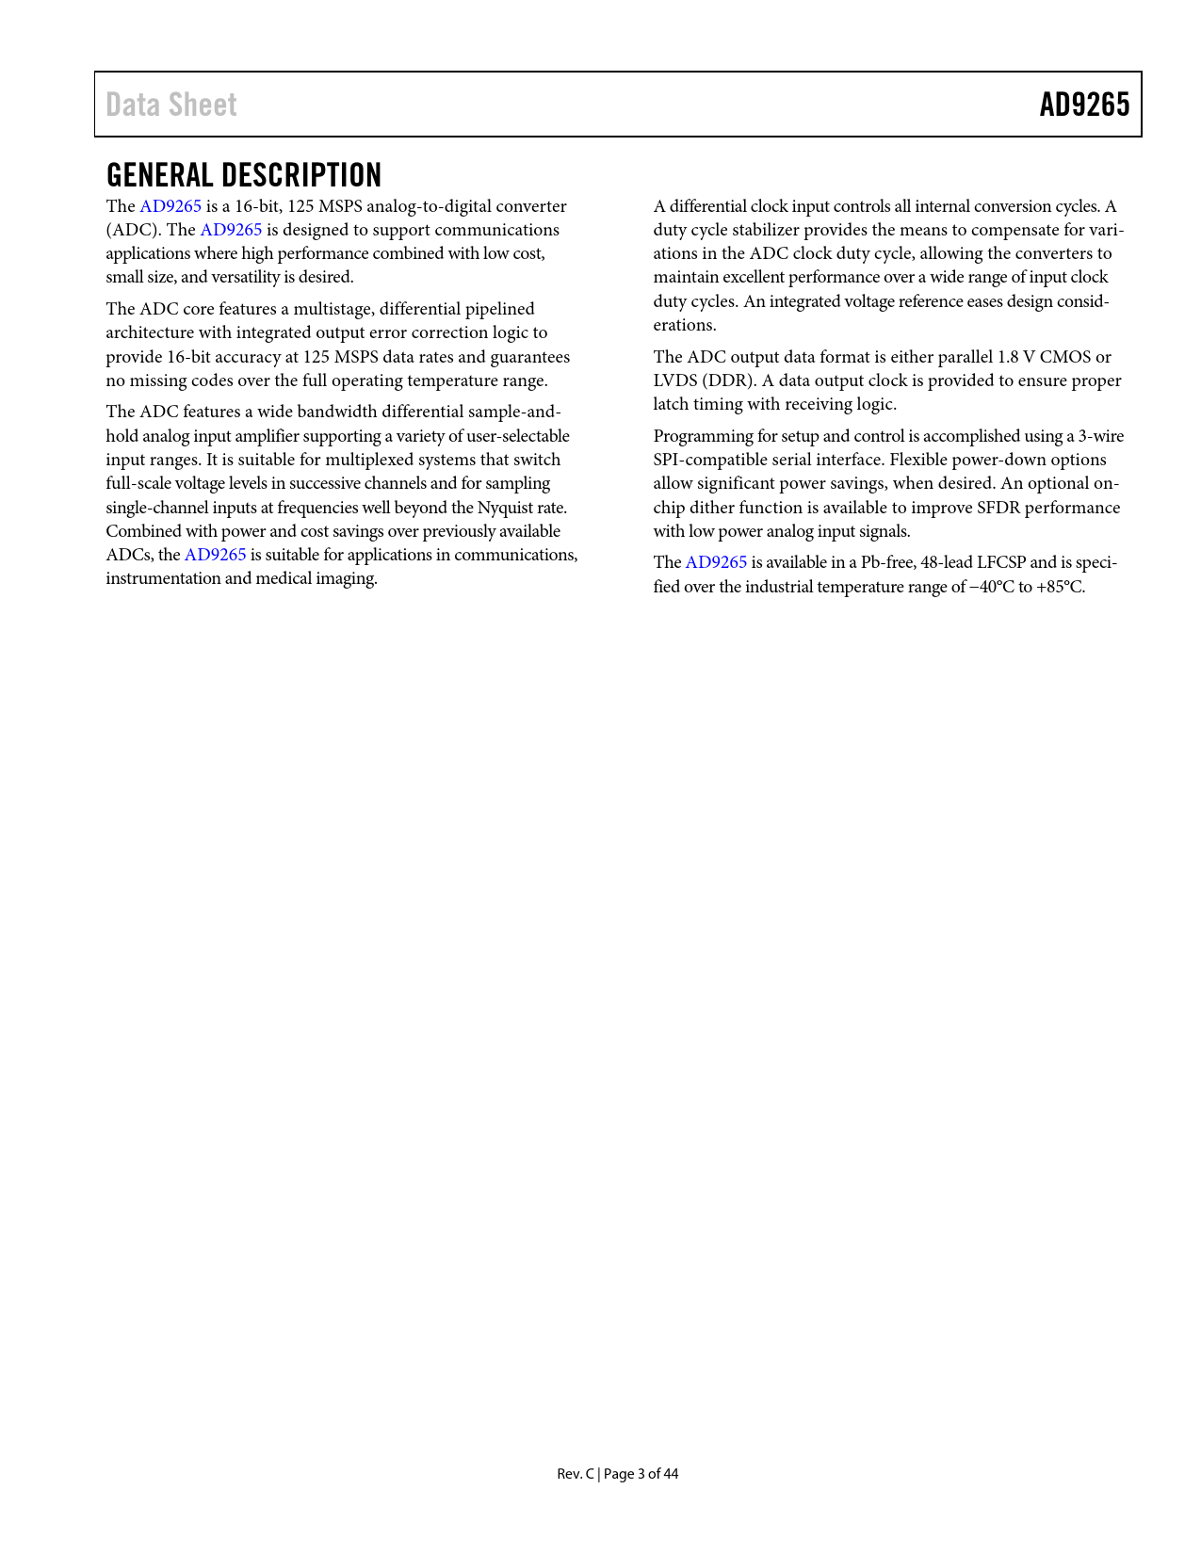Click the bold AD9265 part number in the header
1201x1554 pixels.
(x=1084, y=105)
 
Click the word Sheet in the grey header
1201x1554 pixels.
(x=202, y=105)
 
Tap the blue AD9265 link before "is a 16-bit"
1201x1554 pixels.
(x=170, y=206)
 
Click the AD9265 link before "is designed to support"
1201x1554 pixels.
(x=231, y=230)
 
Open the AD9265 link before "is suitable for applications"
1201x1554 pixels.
(x=215, y=555)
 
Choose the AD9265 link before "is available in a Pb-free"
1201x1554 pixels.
(x=716, y=562)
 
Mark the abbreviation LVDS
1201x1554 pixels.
(x=674, y=380)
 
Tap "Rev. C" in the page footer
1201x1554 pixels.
(x=575, y=1474)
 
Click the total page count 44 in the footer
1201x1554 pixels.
(x=670, y=1474)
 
